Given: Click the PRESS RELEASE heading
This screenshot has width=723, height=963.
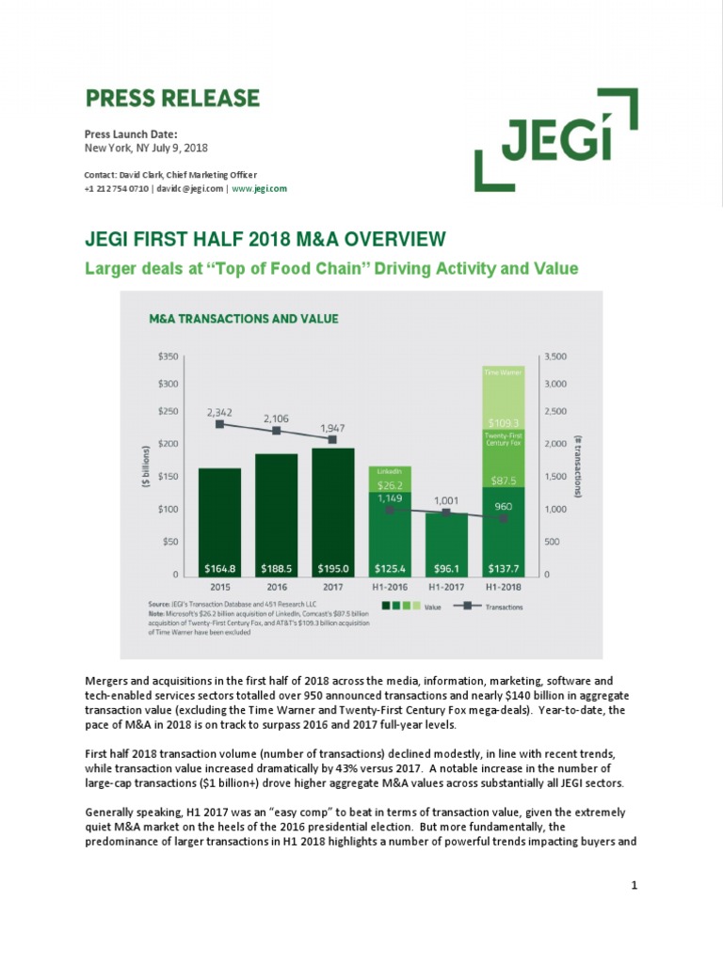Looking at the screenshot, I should pyautogui.click(x=172, y=98).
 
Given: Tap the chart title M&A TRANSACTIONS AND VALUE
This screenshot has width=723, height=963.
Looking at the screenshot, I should pyautogui.click(x=244, y=319).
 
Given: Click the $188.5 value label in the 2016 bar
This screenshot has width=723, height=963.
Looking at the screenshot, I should pyautogui.click(x=276, y=568).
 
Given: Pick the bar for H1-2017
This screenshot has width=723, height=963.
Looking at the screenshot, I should pyautogui.click(x=446, y=536).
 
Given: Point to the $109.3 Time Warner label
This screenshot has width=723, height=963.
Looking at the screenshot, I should pyautogui.click(x=503, y=423).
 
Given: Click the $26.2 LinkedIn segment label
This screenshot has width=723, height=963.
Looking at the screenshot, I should pyautogui.click(x=390, y=485).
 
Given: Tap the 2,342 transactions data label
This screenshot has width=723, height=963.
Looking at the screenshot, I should pyautogui.click(x=220, y=411).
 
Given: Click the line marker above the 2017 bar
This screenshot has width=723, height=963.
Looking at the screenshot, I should pyautogui.click(x=333, y=439).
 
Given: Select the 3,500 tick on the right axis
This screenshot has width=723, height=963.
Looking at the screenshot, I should pyautogui.click(x=557, y=356).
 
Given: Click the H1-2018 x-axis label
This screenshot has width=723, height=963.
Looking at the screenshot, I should pyautogui.click(x=503, y=586).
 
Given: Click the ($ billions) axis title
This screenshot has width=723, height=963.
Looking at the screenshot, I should pyautogui.click(x=144, y=466).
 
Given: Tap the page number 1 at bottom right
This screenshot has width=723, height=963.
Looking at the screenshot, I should pyautogui.click(x=635, y=886).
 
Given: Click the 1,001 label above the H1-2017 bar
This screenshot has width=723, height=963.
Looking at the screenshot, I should pyautogui.click(x=446, y=501).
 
